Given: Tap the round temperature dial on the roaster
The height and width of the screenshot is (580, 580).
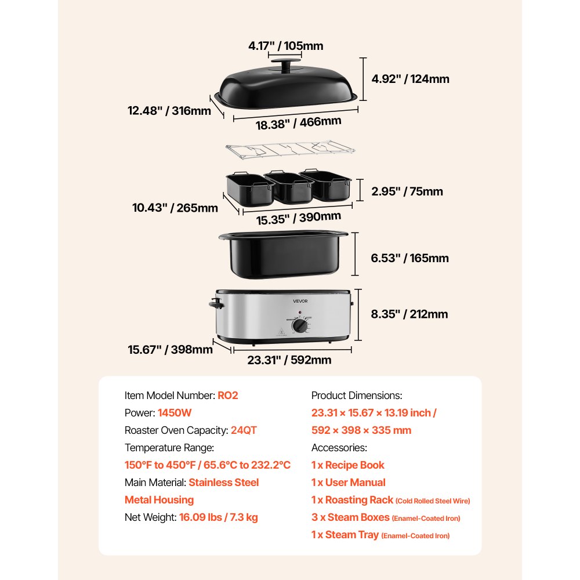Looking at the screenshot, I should [x=300, y=327].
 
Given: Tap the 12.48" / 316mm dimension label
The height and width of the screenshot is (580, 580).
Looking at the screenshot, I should [x=169, y=110].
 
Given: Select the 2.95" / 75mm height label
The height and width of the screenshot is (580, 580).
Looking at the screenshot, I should [x=407, y=191].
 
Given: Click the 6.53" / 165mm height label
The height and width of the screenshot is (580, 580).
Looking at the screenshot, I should [x=409, y=258].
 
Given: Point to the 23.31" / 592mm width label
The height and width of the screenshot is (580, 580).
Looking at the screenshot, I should [x=289, y=360].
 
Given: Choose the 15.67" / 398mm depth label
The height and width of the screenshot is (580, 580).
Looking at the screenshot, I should [x=169, y=349].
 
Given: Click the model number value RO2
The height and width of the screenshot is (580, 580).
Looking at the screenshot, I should [x=228, y=396].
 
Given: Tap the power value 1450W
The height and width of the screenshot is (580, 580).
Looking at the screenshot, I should [x=175, y=413].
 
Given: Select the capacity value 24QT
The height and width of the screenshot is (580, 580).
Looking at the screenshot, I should [x=244, y=430].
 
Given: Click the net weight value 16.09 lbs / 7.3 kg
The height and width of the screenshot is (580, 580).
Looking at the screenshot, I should [x=218, y=517].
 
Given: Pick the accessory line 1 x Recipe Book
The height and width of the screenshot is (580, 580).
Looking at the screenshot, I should [x=347, y=465].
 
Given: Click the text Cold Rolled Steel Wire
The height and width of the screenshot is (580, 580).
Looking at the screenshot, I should [x=433, y=501].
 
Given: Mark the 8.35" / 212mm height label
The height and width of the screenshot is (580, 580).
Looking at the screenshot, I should [x=409, y=314].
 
